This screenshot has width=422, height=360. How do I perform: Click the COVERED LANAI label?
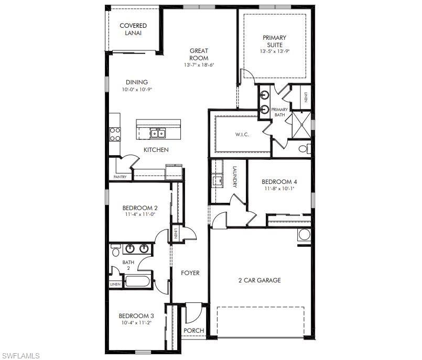point(133,29)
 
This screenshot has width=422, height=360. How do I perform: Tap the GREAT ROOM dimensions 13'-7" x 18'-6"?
point(199,65)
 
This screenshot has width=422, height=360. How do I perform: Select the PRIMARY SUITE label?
point(274,41)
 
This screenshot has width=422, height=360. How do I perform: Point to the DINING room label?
point(136,82)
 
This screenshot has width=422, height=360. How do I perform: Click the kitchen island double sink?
point(157,134)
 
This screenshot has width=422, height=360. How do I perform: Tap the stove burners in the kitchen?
point(114,134)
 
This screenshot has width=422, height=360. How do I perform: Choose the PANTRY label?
point(120,177)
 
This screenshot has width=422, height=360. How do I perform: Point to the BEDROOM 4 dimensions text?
point(279,189)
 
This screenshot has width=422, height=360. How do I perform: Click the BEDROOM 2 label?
point(140,208)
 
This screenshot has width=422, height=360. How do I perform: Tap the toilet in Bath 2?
point(116,252)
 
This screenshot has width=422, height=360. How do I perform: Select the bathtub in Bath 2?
point(138,281)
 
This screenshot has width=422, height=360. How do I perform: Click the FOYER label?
point(190,273)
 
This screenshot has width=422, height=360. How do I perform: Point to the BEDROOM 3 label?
point(136,316)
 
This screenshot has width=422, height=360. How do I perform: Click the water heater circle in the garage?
point(305,234)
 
